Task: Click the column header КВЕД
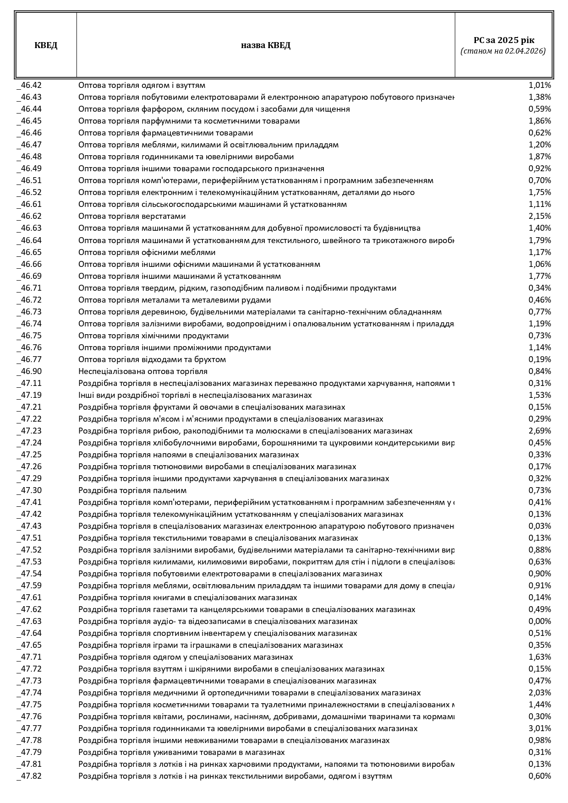point(46,45)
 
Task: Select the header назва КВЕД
point(266,45)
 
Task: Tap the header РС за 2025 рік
point(503,40)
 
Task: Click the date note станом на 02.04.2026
point(503,51)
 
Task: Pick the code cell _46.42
point(30,85)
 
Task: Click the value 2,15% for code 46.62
point(540,216)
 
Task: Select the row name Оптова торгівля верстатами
point(132,216)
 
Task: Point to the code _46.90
point(30,371)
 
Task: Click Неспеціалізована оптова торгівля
point(143,371)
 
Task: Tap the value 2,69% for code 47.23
point(540,431)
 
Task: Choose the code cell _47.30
point(30,490)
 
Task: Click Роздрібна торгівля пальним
point(132,490)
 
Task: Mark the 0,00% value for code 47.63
point(540,621)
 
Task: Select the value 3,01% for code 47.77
point(540,728)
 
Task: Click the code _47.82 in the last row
point(30,776)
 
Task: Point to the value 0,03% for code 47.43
point(540,526)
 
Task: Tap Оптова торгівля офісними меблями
point(147,252)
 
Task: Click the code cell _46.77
point(30,359)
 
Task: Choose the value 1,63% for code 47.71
point(540,657)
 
